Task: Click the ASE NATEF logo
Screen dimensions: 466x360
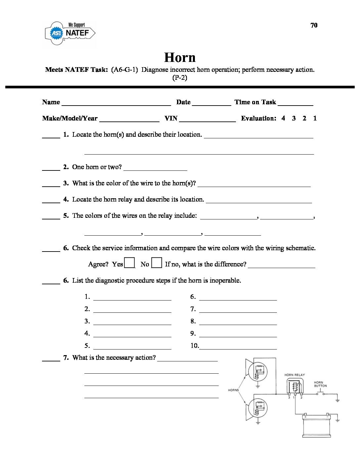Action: coord(70,33)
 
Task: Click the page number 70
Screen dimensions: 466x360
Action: coord(314,25)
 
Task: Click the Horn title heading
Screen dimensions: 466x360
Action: coord(180,57)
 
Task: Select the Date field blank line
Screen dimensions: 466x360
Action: coord(211,104)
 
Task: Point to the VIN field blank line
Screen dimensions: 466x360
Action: coord(207,120)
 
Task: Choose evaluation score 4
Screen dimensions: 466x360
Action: coord(283,118)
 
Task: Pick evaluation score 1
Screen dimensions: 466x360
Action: coord(315,118)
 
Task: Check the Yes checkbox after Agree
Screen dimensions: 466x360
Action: coord(129,263)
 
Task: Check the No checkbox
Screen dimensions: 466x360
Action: coord(157,263)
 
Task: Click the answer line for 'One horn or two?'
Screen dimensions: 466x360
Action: coord(155,169)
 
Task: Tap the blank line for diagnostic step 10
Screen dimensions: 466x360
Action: coord(238,348)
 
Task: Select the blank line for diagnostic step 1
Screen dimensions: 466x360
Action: coord(132,299)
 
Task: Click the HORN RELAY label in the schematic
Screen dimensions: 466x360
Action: coord(294,375)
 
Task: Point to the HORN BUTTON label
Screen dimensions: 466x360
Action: coord(320,384)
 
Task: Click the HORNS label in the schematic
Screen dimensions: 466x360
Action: coord(233,390)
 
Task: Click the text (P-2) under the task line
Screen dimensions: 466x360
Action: coord(180,78)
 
